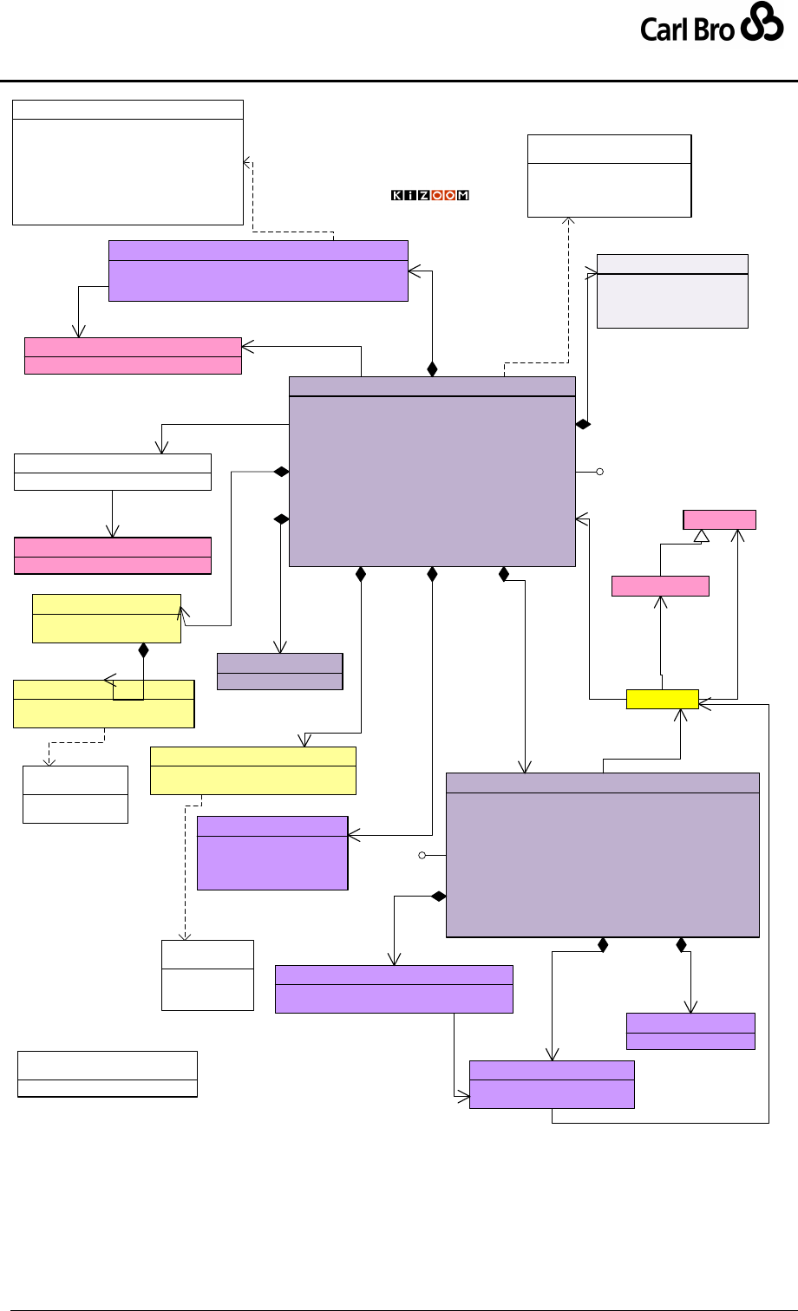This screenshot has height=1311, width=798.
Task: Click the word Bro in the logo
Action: click(x=714, y=29)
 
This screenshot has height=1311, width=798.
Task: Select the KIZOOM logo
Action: click(x=429, y=195)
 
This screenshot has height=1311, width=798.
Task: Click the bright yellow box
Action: click(x=662, y=699)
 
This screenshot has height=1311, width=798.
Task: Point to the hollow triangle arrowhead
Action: click(x=702, y=536)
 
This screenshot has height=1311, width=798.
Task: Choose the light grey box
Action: click(x=672, y=291)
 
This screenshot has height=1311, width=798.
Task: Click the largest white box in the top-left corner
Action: click(x=128, y=162)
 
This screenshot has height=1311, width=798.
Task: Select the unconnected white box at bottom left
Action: click(x=108, y=1074)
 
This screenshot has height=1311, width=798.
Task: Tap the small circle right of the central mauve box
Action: click(x=599, y=472)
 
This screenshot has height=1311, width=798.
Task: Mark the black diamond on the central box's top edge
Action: click(x=432, y=369)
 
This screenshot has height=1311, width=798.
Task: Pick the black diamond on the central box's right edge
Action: click(x=583, y=425)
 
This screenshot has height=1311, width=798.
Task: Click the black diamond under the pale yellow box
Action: click(x=143, y=649)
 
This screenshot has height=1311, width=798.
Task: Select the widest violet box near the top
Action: click(x=258, y=271)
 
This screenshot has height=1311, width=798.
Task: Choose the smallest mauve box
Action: click(x=279, y=671)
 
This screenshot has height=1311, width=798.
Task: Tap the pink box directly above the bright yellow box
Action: click(x=660, y=585)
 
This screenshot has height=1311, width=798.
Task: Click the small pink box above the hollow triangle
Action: click(x=719, y=519)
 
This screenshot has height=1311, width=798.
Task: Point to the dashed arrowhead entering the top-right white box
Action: click(x=569, y=222)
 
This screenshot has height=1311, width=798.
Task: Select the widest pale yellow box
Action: click(x=252, y=770)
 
